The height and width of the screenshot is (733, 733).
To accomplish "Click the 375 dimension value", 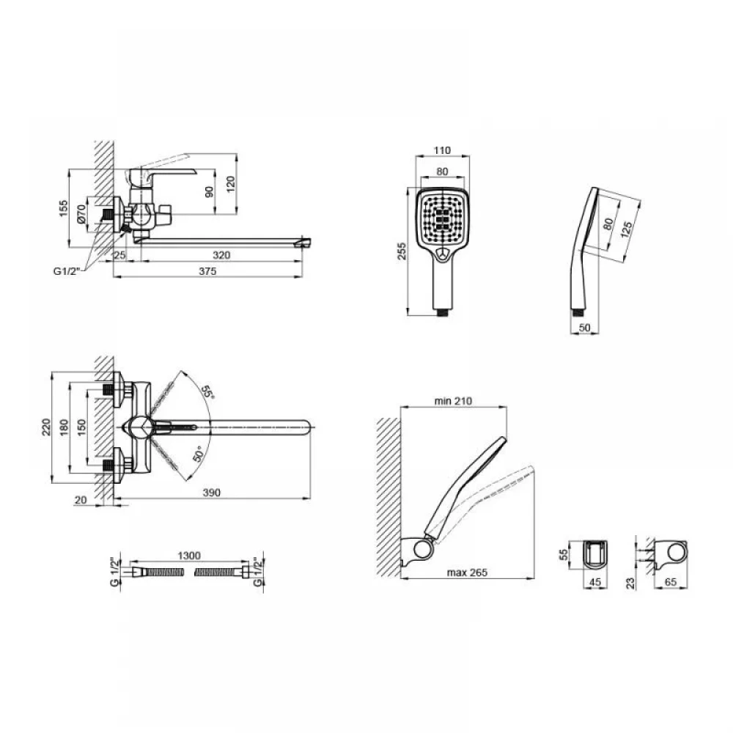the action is [x=207, y=271].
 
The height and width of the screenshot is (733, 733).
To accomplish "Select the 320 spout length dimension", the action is [x=221, y=255].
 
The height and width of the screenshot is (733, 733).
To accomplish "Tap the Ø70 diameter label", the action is [x=81, y=214].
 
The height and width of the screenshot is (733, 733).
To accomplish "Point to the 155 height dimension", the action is [x=64, y=208].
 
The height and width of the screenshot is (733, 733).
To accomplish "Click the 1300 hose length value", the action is [x=189, y=556].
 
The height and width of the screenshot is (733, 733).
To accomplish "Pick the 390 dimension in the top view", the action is [x=212, y=493].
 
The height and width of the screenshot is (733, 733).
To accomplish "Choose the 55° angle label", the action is [x=207, y=391].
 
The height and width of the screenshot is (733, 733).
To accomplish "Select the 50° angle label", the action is [x=198, y=454].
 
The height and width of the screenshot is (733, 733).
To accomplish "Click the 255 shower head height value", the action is [x=402, y=251].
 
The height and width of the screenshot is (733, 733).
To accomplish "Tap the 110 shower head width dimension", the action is [x=442, y=150].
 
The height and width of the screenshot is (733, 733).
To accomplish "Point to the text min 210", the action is [x=453, y=401].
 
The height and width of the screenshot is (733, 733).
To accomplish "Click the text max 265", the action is [x=467, y=572].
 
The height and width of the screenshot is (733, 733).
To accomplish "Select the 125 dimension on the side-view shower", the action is [x=627, y=229].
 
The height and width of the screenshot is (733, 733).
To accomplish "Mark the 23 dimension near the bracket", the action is [x=630, y=583].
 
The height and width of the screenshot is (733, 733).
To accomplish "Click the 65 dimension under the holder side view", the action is [x=671, y=583].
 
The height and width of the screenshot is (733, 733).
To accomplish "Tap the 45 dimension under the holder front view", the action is [x=595, y=583].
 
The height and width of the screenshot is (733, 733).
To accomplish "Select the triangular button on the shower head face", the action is [x=442, y=254].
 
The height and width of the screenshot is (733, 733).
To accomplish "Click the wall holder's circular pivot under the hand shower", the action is [x=423, y=548].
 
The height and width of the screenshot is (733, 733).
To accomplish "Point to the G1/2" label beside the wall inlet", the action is [x=67, y=270].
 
